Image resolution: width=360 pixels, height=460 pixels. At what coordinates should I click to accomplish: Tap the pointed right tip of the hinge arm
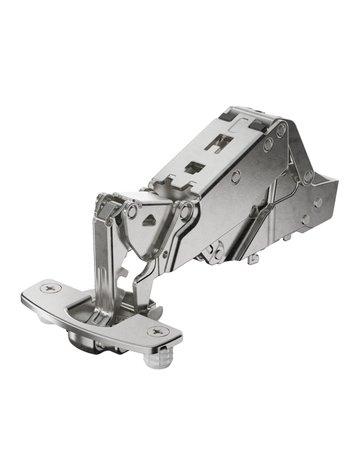pos(336,191)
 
